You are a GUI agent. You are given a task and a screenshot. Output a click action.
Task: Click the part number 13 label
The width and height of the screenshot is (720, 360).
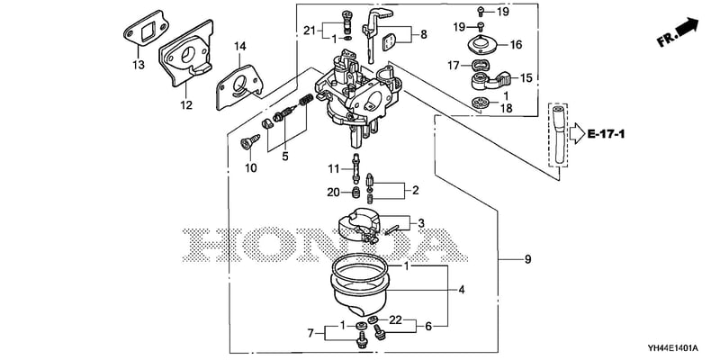click(x=139, y=65)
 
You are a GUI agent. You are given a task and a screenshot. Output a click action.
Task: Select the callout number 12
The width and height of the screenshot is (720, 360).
click(x=186, y=105)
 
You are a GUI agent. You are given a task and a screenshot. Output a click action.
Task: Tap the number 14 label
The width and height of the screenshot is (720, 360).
click(x=239, y=46)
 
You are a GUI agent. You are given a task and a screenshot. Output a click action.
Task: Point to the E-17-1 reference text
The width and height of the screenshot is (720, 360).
click(x=606, y=134)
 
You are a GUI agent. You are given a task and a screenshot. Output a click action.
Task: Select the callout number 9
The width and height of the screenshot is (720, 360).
click(x=527, y=259)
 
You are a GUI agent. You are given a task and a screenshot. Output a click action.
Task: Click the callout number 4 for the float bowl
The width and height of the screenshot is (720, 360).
click(x=462, y=290)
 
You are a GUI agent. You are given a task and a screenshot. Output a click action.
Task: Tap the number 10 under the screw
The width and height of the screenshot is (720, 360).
click(x=251, y=168)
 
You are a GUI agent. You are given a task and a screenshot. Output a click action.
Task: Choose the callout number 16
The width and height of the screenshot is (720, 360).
click(x=516, y=44)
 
